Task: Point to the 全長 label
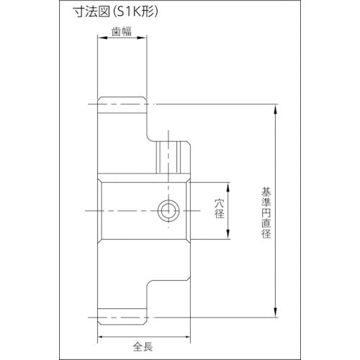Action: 143,347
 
